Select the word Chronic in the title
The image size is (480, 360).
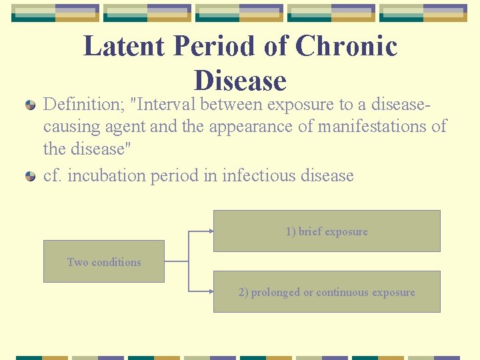pyautogui.click(x=346, y=47)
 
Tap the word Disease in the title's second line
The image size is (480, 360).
pyautogui.click(x=240, y=81)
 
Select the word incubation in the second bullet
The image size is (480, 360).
pyautogui.click(x=107, y=176)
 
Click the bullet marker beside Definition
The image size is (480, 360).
pyautogui.click(x=31, y=105)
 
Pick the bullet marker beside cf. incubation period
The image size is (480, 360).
pyautogui.click(x=31, y=177)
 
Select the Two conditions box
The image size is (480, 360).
pyautogui.click(x=104, y=261)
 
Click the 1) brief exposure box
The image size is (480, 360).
pyautogui.click(x=327, y=231)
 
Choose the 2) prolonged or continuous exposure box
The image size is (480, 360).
pyautogui.click(x=327, y=292)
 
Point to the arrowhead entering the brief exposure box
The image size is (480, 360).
pyautogui.click(x=211, y=231)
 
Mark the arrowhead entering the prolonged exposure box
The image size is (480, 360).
pyautogui.click(x=211, y=291)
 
